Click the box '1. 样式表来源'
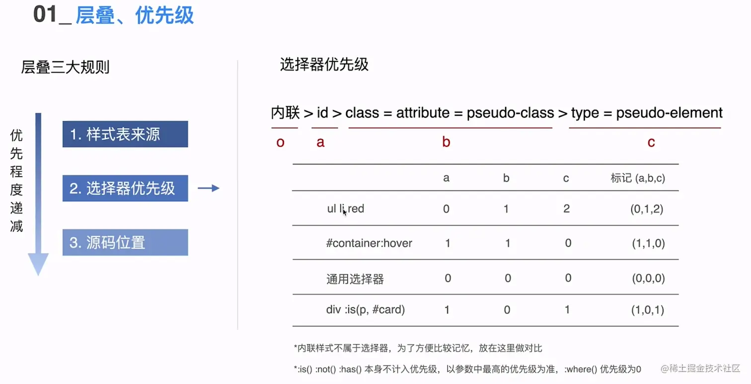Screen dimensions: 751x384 tap(125, 134)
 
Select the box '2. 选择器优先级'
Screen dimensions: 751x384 tap(125, 188)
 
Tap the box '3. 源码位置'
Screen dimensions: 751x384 tap(125, 242)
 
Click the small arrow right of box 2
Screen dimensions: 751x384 tap(209, 188)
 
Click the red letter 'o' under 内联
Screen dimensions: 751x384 tap(280, 143)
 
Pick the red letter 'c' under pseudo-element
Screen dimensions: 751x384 tap(651, 143)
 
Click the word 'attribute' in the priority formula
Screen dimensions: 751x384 tap(423, 113)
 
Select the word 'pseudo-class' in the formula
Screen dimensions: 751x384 tap(510, 113)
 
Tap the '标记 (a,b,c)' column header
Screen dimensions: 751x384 tap(638, 178)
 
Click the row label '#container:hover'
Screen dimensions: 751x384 tap(369, 243)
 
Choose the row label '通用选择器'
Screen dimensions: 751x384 tap(355, 279)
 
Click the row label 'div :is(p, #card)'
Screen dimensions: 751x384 tap(366, 309)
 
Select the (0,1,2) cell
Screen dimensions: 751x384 tap(647, 209)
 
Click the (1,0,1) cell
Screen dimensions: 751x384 tap(648, 310)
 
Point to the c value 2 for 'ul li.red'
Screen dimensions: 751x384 tap(567, 209)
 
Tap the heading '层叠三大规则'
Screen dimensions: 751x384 tap(65, 67)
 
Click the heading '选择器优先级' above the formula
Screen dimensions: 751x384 tap(324, 65)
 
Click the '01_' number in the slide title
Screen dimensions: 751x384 tap(52, 15)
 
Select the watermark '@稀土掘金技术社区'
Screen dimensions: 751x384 tap(700, 368)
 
